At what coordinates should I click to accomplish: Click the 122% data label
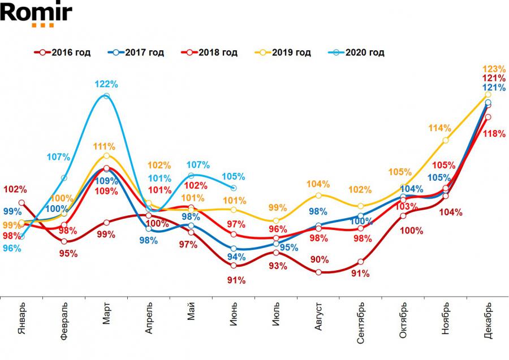pos(106,84)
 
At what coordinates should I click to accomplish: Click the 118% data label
pos(494,134)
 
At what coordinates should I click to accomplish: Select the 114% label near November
pos(440,128)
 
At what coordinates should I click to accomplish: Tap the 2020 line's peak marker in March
pos(106,96)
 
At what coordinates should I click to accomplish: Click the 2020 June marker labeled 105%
pos(234,188)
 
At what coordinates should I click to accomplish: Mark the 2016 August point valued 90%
pos(318,272)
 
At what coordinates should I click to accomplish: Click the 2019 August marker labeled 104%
pos(318,196)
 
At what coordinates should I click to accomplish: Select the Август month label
pos(318,320)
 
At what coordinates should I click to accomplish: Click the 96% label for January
pos(12,248)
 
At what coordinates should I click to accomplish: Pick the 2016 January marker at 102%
pos(21,202)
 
